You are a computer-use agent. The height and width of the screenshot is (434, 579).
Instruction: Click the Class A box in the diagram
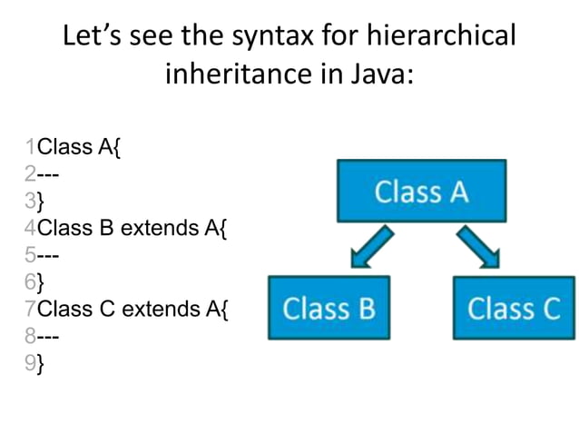tap(421, 192)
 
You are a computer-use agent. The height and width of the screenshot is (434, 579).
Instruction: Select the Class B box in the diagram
tap(329, 309)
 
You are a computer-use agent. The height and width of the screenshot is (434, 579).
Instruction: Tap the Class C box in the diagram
tap(514, 309)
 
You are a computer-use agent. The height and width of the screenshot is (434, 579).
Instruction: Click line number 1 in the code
tap(32, 145)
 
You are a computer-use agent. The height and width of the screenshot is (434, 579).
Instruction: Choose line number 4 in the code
tap(32, 227)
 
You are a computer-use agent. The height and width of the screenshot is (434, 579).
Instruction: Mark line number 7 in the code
tap(32, 309)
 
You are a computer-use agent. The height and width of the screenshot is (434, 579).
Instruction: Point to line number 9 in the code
tap(32, 364)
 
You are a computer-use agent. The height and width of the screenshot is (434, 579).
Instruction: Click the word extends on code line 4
tap(153, 227)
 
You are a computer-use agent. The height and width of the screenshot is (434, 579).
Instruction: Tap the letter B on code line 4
tap(104, 227)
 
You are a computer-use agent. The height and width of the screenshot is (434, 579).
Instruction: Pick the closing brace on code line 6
tap(42, 282)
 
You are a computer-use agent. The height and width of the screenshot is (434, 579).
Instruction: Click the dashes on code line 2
tap(48, 173)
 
